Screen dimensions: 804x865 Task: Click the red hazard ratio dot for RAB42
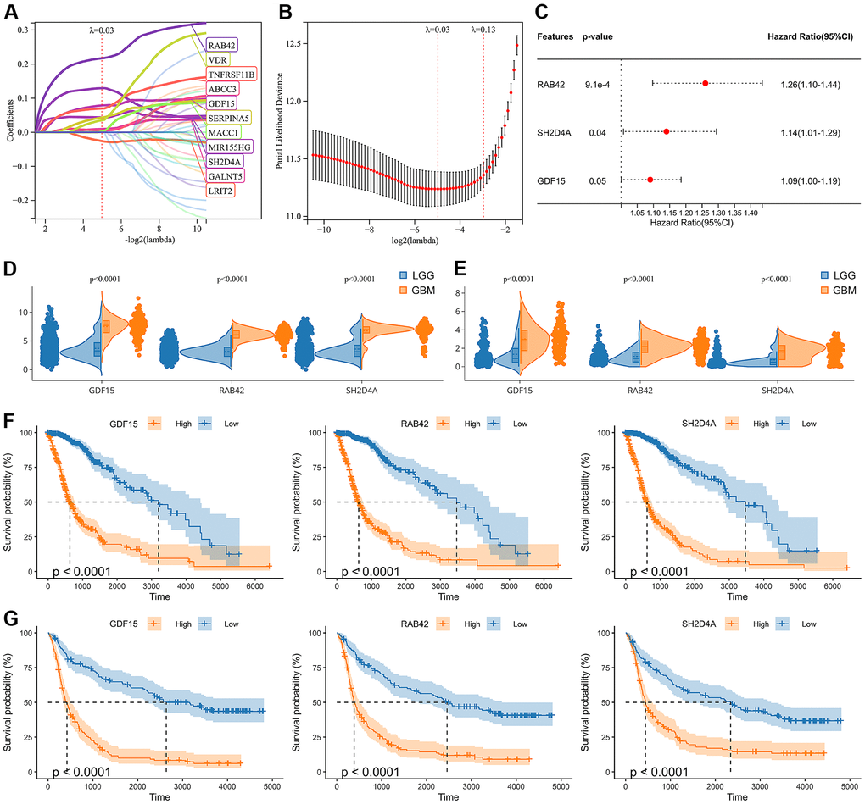pyautogui.click(x=706, y=83)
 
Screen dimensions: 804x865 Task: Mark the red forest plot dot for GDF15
pyautogui.click(x=650, y=180)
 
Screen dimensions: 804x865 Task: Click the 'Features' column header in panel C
pyautogui.click(x=556, y=37)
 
